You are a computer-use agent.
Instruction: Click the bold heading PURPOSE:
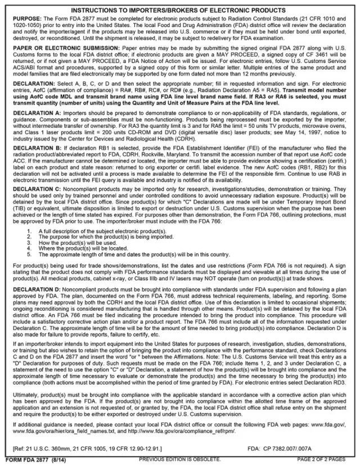point(25,19)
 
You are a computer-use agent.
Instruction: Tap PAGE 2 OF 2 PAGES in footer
point(324,460)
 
